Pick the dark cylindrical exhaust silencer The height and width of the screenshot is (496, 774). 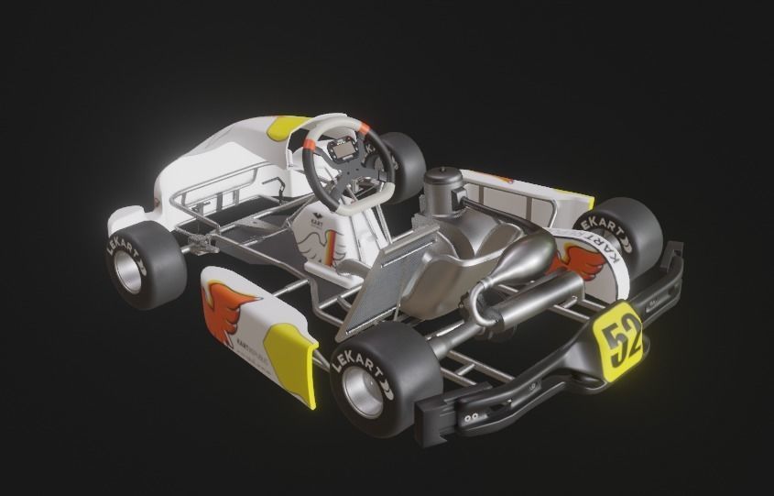[540, 299]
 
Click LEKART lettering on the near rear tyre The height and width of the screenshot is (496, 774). [353, 361]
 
